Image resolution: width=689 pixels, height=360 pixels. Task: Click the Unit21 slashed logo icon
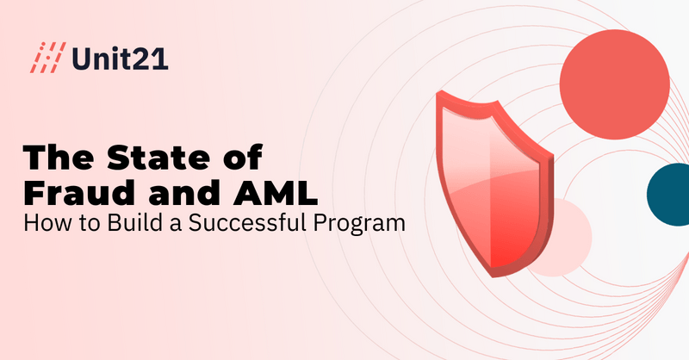[x=47, y=58]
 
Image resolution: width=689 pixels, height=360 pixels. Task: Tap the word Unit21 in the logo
[x=120, y=58]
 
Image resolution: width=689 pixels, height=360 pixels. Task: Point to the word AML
[x=276, y=193]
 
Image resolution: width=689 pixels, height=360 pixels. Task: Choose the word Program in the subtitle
[x=359, y=224]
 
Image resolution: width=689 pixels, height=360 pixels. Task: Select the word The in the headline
[x=58, y=157]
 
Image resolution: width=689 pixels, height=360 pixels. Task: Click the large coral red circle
[x=615, y=84]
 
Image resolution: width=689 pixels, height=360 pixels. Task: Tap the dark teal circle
[x=669, y=195]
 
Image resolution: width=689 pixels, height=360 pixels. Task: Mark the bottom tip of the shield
[x=493, y=276]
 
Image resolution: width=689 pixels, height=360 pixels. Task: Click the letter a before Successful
[x=175, y=225]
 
